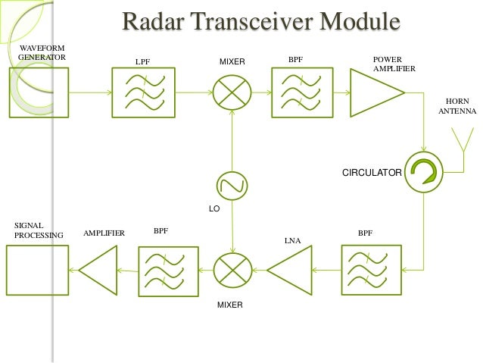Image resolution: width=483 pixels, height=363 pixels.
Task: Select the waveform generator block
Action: (38, 92)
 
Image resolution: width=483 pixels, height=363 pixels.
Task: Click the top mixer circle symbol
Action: (232, 92)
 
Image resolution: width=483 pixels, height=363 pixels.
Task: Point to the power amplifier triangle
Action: (374, 92)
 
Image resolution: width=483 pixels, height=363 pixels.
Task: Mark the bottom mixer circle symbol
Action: (232, 269)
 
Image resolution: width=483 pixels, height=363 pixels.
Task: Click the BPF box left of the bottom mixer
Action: (164, 269)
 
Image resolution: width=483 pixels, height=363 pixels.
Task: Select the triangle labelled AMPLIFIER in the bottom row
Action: (100, 269)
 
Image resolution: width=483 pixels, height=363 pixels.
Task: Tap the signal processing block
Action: (36, 269)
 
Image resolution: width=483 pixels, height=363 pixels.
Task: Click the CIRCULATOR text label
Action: (372, 173)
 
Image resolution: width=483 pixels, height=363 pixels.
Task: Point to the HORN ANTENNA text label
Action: (457, 105)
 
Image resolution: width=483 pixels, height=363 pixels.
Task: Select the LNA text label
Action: (292, 241)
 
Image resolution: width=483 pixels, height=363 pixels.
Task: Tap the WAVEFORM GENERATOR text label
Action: (42, 52)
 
